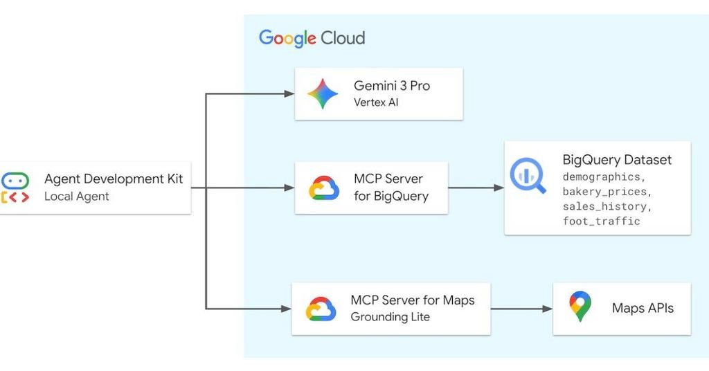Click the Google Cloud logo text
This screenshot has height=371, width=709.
pyautogui.click(x=312, y=38)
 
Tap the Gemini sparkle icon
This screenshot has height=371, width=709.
pyautogui.click(x=323, y=94)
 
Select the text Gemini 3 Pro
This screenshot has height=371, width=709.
pyautogui.click(x=391, y=86)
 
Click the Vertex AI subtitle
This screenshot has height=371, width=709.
pyautogui.click(x=376, y=102)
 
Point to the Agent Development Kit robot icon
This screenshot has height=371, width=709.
pyautogui.click(x=15, y=188)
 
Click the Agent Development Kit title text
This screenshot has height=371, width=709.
pyautogui.click(x=114, y=179)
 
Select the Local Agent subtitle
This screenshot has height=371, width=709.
pyautogui.click(x=76, y=196)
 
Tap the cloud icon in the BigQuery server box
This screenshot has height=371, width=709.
pyautogui.click(x=323, y=188)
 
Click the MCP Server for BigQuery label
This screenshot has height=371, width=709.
pyautogui.click(x=391, y=187)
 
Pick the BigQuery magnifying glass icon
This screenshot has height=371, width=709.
pyautogui.click(x=528, y=175)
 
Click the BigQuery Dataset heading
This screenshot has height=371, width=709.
pyautogui.click(x=617, y=160)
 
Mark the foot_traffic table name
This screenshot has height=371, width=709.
pyautogui.click(x=601, y=221)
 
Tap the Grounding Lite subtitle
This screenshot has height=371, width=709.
pyautogui.click(x=390, y=317)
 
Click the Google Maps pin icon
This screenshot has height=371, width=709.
pyautogui.click(x=580, y=307)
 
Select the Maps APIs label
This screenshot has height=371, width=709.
pyautogui.click(x=643, y=308)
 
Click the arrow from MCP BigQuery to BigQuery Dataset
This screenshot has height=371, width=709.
pyautogui.click(x=476, y=188)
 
